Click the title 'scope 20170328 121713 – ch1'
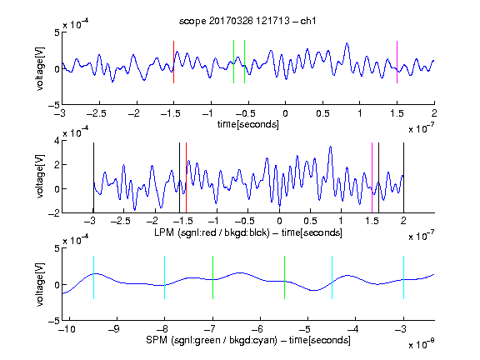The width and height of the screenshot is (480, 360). point(247,21)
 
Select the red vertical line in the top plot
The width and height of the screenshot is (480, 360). point(173,62)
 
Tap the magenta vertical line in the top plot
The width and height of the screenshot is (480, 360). point(397,62)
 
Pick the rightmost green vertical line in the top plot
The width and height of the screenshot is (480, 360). point(245,62)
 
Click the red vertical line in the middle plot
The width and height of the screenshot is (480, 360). point(186,177)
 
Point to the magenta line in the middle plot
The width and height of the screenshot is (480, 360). point(372,177)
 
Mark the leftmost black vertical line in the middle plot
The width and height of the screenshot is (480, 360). point(93,177)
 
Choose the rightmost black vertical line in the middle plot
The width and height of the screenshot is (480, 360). point(404,177)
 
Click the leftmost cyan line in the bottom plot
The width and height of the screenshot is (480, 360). point(93,277)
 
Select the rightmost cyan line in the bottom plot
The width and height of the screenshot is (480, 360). point(404,277)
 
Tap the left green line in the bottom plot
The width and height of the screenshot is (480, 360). point(212,277)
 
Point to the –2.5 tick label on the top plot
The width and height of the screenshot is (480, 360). point(96,113)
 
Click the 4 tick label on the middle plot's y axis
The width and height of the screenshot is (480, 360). point(56,141)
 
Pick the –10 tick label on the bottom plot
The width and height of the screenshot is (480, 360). point(67,329)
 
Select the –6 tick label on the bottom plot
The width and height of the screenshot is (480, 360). point(257,329)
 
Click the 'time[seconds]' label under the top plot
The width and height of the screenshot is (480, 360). point(248,125)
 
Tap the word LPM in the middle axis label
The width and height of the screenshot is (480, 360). point(164,232)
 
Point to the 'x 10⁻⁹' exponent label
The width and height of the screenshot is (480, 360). point(422,344)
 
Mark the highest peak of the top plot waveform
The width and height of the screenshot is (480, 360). point(347,43)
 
